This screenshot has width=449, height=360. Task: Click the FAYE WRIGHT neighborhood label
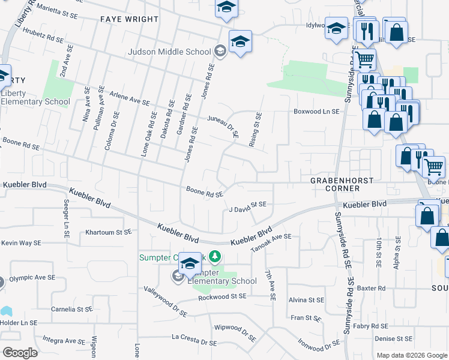coord(129,19)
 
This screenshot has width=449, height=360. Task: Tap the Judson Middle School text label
coord(169,52)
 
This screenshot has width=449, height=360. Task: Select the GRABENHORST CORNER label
coord(342,184)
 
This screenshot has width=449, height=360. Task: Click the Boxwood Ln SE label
coord(316,112)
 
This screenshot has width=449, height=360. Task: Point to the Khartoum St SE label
coord(108,232)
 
